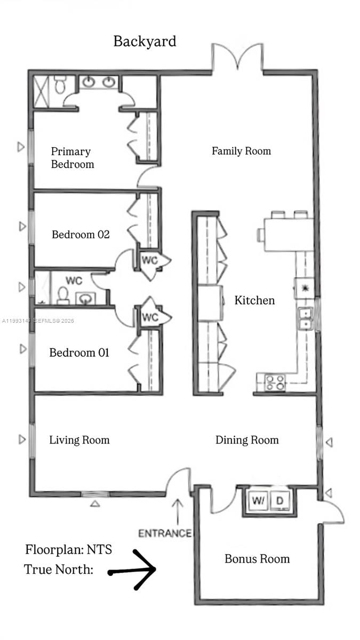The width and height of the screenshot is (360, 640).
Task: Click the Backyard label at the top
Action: point(145,42)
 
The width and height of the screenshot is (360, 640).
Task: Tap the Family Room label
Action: point(241,151)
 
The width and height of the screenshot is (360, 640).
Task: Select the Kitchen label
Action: point(254,300)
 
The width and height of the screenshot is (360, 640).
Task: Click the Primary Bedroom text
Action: point(72,158)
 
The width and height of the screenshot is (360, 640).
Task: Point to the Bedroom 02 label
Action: point(81,234)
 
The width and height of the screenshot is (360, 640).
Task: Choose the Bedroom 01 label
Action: point(79,353)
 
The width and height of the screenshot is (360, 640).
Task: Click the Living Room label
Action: point(79,440)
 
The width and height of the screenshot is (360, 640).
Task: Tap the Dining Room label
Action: point(247,440)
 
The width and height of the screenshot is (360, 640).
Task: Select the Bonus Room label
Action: point(257,559)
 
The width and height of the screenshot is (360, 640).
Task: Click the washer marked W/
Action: point(258,501)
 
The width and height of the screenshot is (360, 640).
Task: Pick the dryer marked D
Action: point(279,501)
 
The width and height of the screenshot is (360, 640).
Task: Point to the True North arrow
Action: point(133,570)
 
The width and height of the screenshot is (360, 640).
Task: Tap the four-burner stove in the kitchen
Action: point(275,382)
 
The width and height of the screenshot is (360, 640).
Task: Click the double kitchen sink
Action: point(305,318)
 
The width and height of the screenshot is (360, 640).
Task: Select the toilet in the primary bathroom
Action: point(59,84)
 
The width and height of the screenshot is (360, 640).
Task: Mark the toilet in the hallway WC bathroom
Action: point(63,295)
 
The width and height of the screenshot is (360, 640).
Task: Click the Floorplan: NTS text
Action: point(68,549)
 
